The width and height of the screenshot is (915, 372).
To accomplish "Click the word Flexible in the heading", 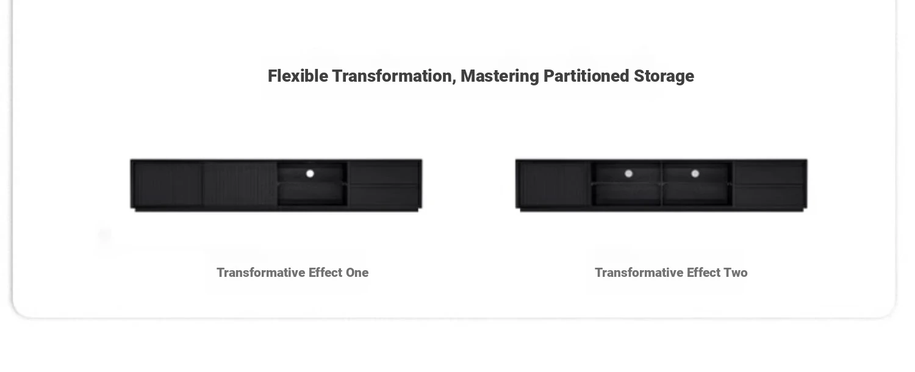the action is point(298,76).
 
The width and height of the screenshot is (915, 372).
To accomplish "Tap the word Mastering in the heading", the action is point(500,77).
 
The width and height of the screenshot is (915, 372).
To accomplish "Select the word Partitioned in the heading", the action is point(586,76).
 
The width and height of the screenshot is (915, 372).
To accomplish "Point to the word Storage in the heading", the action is point(664,77).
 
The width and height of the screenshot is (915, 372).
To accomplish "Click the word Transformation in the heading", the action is point(394,76).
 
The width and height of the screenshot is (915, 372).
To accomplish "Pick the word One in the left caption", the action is point(357,273).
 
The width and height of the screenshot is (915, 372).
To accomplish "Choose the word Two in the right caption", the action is point(735,273).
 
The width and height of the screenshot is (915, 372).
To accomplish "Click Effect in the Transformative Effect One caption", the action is point(325,273).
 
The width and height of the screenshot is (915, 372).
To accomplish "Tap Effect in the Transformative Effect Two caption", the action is point(703,273).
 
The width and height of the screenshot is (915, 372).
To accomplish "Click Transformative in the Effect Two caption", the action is point(639,273).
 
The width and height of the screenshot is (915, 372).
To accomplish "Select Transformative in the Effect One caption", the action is point(260,273).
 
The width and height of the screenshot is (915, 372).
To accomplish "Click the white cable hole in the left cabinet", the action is point(310,174).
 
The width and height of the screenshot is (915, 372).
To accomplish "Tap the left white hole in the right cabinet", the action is point(629,174).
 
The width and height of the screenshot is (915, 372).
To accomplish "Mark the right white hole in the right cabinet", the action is point(695,174).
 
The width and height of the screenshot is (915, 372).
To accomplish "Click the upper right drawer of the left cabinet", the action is point(384,174).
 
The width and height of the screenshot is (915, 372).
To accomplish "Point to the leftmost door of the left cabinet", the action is point(168,185).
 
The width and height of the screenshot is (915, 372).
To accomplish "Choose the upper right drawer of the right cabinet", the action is point(769,174).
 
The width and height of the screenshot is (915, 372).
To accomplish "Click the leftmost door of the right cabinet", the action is point(554,185).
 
